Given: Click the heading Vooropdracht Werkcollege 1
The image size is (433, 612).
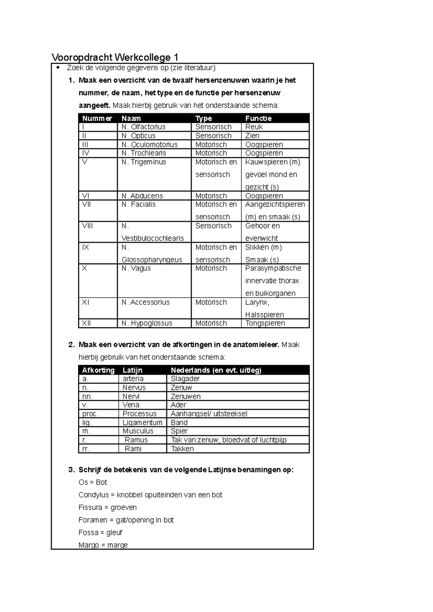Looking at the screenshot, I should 115,57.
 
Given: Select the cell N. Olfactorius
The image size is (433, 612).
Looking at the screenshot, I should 143,127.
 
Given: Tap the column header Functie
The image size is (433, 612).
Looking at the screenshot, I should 258,118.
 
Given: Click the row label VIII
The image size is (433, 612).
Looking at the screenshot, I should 87,226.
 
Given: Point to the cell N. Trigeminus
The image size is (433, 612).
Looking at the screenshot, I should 144,162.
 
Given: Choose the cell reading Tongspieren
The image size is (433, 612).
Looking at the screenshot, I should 265,323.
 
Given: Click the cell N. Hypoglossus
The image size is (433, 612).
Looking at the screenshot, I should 147,323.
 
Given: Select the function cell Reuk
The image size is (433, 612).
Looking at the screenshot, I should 254,127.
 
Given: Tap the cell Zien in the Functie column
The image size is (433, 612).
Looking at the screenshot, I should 252,136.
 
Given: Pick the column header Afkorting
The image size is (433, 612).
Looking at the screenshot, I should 98,370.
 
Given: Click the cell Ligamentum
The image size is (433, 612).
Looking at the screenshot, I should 143,422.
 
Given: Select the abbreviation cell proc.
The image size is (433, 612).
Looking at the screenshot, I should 90,414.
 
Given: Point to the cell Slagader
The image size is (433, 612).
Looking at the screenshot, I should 185,379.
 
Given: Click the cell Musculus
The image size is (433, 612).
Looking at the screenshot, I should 138,431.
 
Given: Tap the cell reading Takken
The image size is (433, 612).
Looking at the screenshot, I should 182,449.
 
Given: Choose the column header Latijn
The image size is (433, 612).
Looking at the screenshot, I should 132,370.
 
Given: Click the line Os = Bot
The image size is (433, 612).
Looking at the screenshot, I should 93,482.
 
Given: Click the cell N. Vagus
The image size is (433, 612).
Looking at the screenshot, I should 136,269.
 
